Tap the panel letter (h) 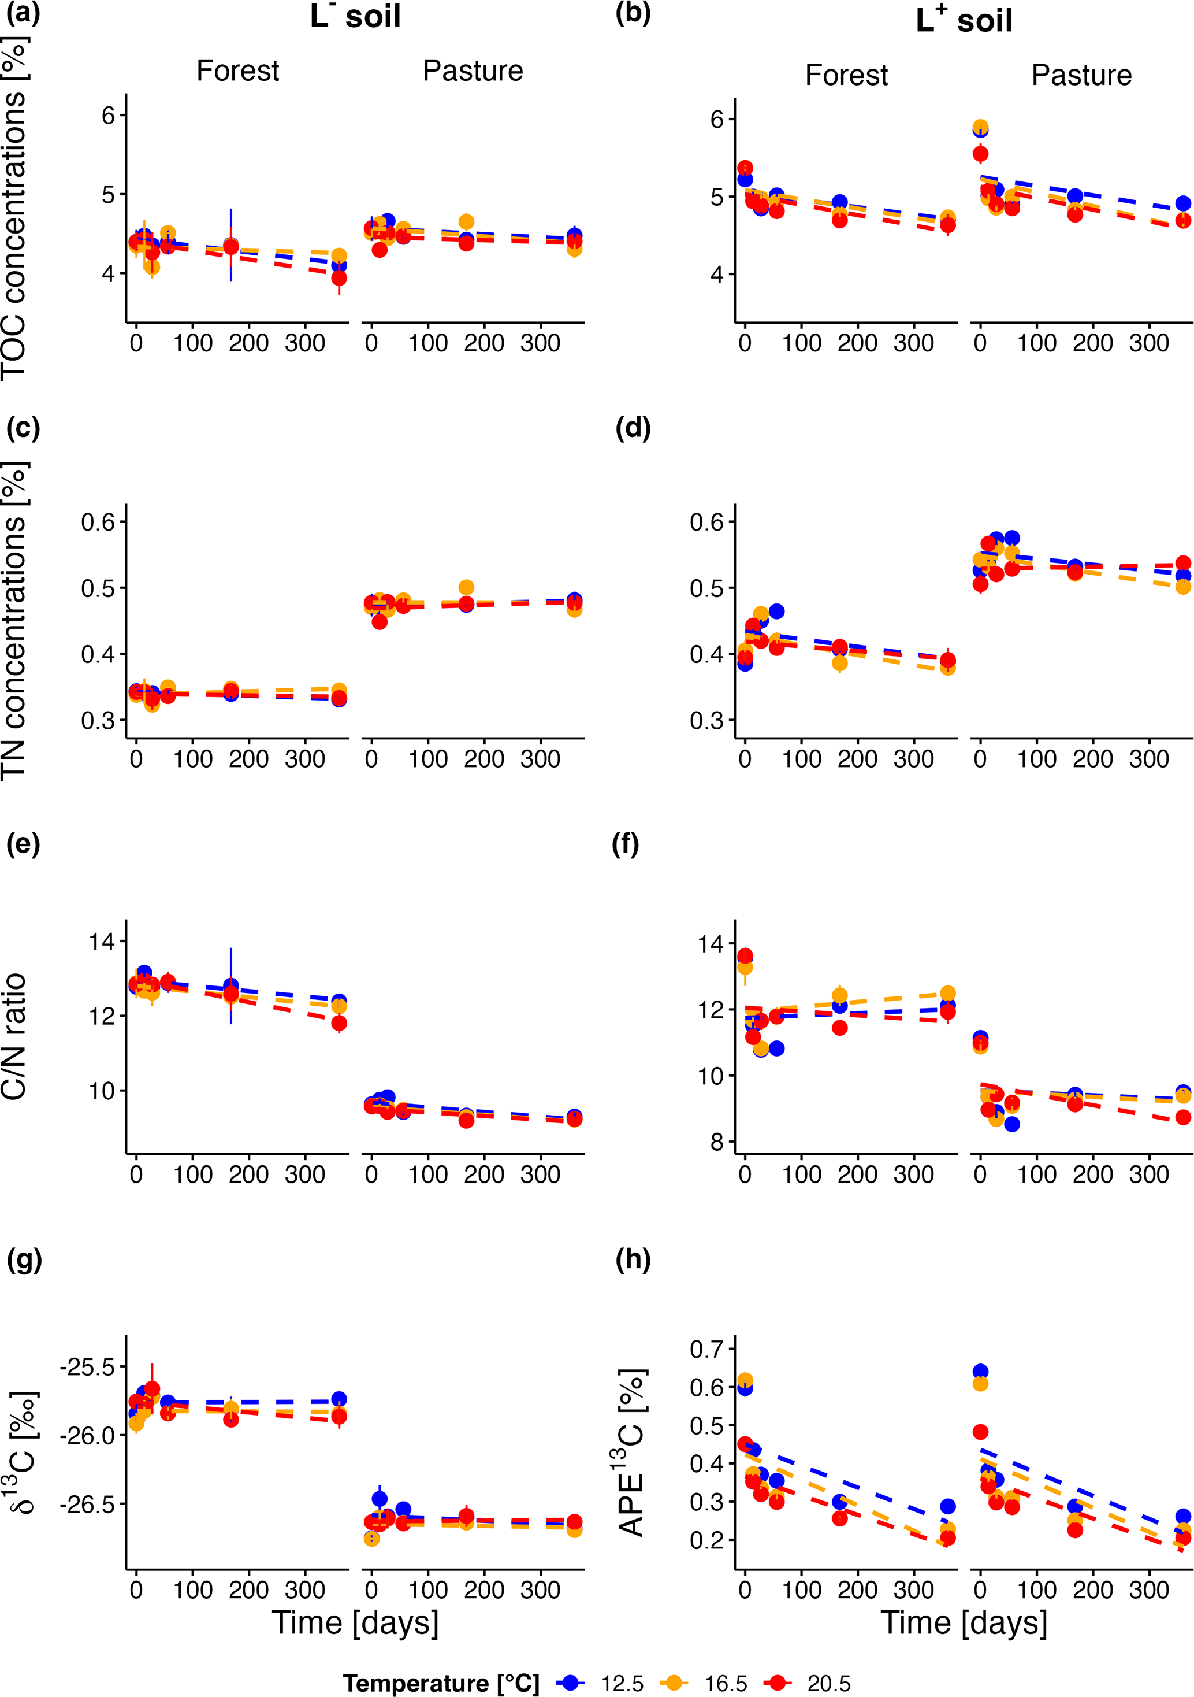633,1259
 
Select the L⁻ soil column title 355,16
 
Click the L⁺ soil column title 964,20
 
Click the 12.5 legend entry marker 570,1682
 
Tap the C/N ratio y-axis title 15,1036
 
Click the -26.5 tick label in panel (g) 88,1503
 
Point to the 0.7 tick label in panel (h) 706,1349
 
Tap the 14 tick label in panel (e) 102,942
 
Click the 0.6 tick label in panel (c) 99,522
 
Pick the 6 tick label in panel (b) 717,119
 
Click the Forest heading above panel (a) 237,71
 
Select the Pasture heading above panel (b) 1081,75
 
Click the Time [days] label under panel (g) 355,1622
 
